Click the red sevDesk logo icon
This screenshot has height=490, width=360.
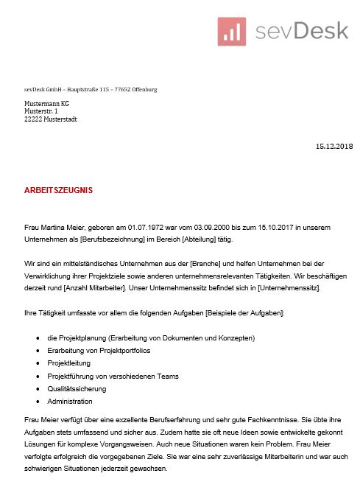tap(232, 31)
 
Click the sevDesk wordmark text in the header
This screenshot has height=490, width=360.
tap(301, 31)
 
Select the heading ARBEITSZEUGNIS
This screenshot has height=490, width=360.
tap(59, 190)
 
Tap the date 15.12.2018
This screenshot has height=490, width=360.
tap(334, 147)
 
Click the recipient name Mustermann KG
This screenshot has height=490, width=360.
tap(47, 104)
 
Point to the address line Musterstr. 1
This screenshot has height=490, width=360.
tap(41, 111)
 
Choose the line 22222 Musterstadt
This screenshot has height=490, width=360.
tap(51, 119)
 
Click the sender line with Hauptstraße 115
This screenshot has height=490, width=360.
tap(91, 89)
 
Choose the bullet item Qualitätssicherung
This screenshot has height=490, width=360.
tap(77, 388)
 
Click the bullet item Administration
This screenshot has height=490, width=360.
tap(70, 402)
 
